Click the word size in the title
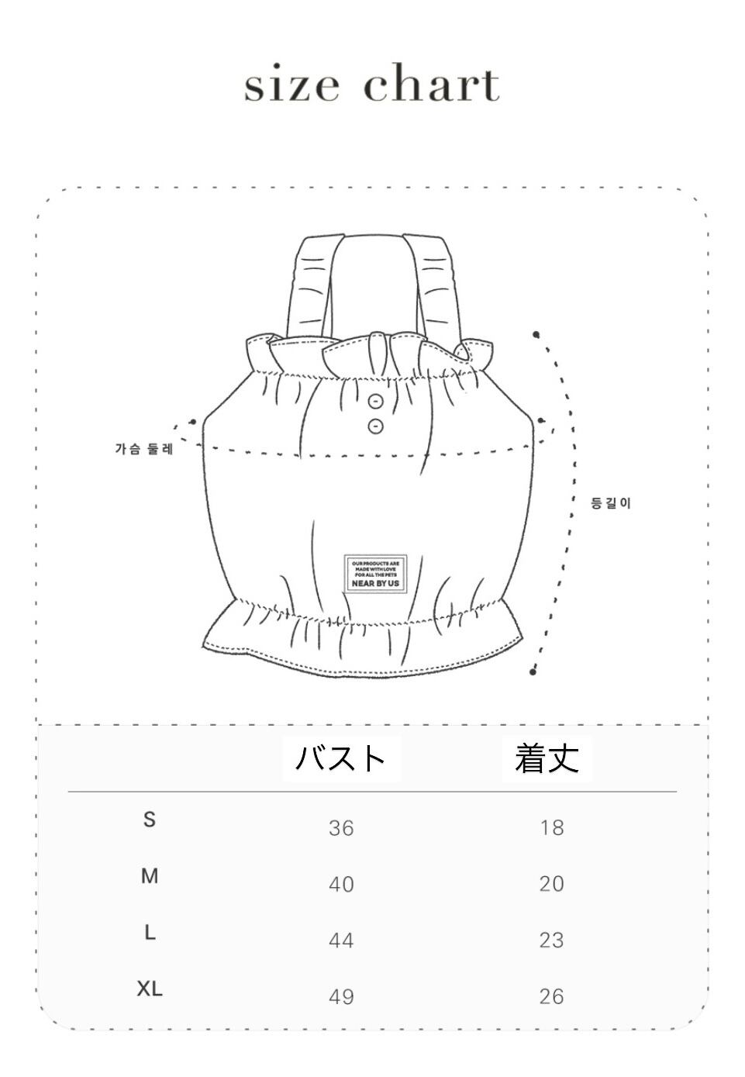[x=291, y=85]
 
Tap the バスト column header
[x=341, y=758]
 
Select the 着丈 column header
[x=547, y=758]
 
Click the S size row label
[x=150, y=819]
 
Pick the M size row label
[x=150, y=876]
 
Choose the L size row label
[x=150, y=933]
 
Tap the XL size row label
[x=150, y=989]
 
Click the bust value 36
[x=341, y=828]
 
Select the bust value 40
[x=341, y=884]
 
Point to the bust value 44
[x=341, y=941]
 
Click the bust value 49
[x=341, y=996]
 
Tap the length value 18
[x=552, y=828]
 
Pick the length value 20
[x=552, y=884]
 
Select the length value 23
[x=552, y=941]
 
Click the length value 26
[x=552, y=996]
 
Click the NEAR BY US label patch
[x=375, y=574]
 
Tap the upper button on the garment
[x=376, y=401]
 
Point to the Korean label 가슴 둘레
[x=145, y=449]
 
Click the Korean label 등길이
[x=611, y=503]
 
